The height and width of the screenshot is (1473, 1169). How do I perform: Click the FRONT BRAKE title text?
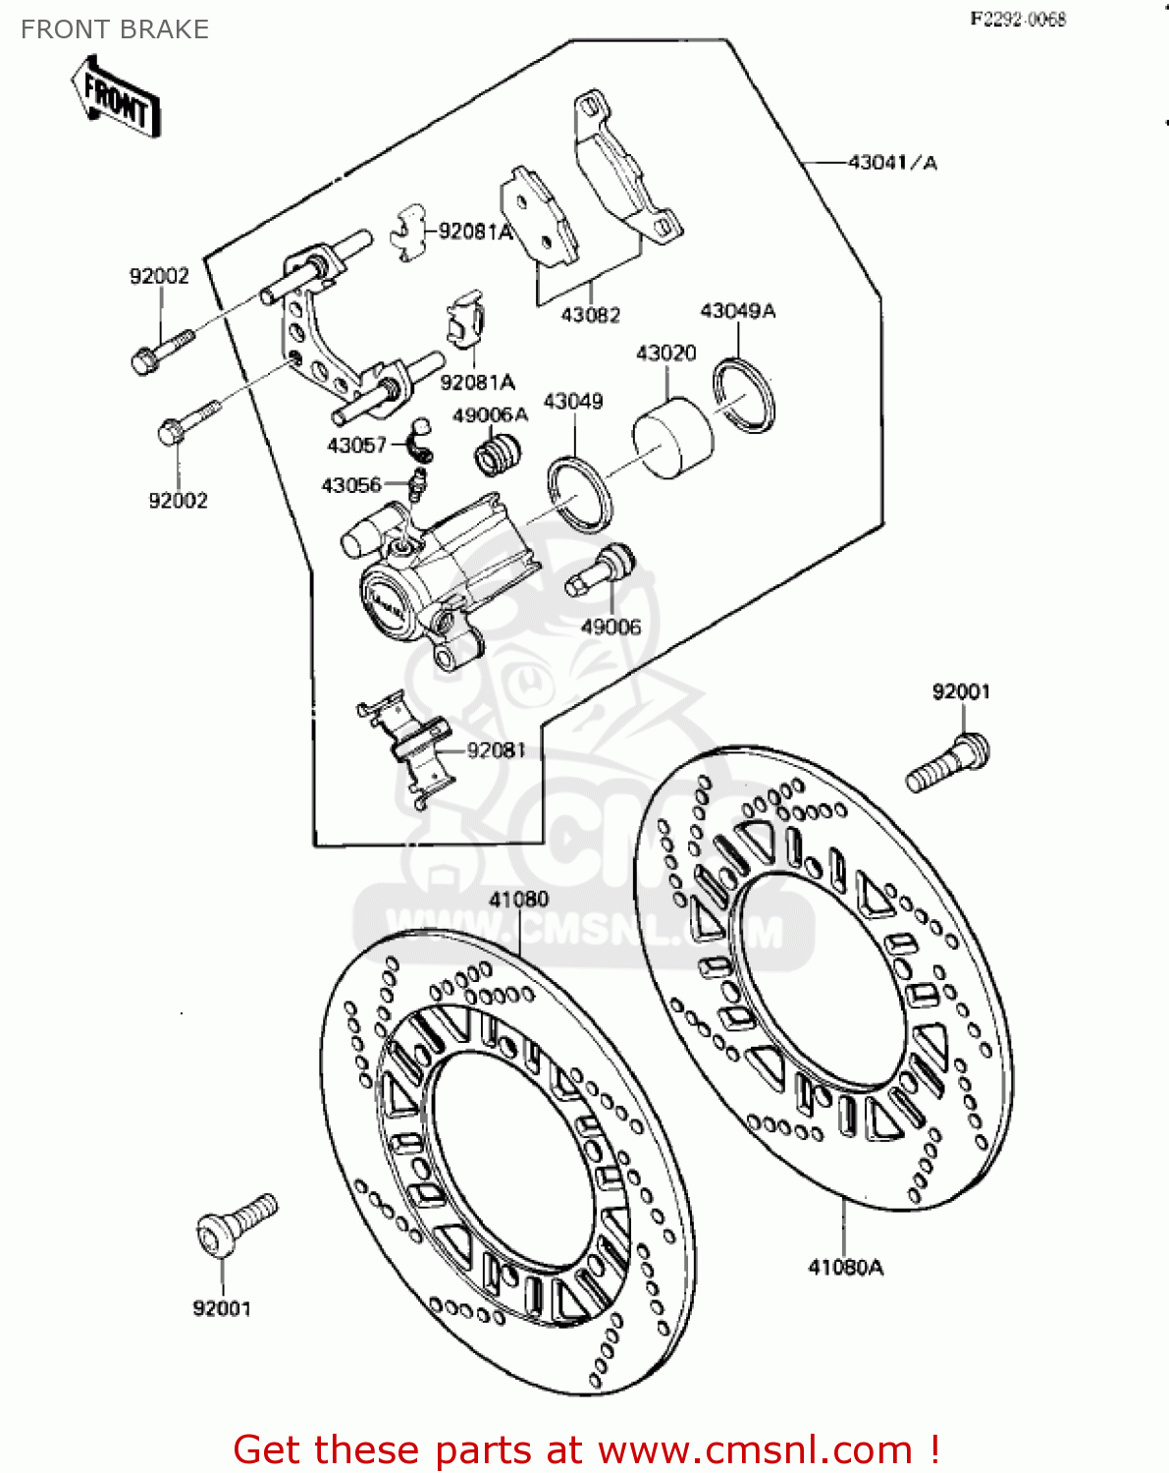point(115,29)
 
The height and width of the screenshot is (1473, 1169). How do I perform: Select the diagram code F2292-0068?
point(1018,19)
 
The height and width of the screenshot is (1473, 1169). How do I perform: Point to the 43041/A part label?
point(892,162)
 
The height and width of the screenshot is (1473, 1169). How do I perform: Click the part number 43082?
point(590,315)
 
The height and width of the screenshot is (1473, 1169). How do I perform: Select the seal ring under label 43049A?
point(744,396)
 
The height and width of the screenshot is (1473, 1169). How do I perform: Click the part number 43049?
point(573,402)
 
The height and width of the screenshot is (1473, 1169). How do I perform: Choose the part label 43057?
point(356,446)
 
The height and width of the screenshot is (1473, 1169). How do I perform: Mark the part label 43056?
point(350,485)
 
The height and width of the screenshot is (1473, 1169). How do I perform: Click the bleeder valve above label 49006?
point(601,571)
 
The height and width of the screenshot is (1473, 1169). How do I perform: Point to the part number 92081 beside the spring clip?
point(496,750)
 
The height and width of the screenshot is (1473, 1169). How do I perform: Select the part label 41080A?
point(845,1268)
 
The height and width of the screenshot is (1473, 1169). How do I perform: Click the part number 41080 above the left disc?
point(518,900)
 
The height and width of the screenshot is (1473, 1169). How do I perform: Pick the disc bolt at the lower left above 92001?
point(237,1224)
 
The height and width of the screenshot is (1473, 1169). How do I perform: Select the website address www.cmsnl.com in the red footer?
point(755,1449)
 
